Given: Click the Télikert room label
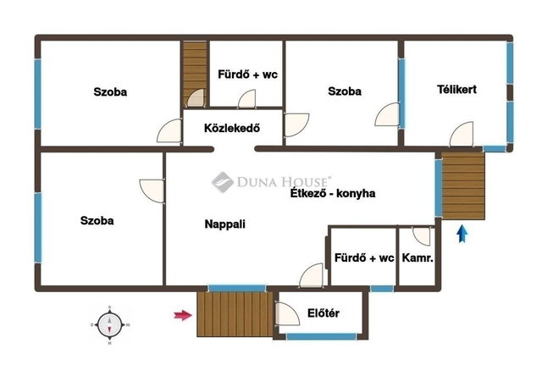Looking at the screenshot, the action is pos(456,90).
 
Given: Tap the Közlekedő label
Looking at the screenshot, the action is pos(232,128).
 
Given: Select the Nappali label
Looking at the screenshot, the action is pos(225,224).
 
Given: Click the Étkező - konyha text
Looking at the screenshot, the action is pos(333,193).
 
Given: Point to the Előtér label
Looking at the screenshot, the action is pos(324,313).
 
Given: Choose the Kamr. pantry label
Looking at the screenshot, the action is pos(418,257).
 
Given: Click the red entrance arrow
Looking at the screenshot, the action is pos(183,315).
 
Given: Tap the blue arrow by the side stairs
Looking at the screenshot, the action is pos(462,234).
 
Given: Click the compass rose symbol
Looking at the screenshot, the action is pos(109,325).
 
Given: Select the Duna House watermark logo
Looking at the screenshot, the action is pos(272,182).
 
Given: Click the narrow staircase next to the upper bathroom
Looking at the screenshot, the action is pos(195,74).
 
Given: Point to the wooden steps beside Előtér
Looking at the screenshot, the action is pos(235,314).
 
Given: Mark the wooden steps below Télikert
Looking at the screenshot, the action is pos(463,186).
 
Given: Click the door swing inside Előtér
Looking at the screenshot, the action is pos(288,314).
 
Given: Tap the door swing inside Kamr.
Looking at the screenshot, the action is pos(422,236).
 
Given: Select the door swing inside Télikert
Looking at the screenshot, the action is pos(462,134).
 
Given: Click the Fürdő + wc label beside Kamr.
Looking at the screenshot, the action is pos(364,257).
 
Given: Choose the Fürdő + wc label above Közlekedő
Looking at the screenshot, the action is pos(247,75).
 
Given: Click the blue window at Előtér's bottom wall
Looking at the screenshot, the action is pos(321,336).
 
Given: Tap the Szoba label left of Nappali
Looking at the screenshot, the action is pos(97,220).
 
